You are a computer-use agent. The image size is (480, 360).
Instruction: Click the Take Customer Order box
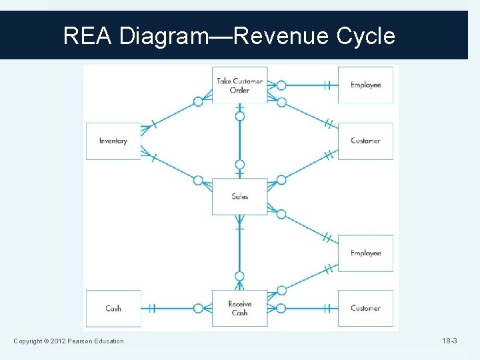pos(239,85)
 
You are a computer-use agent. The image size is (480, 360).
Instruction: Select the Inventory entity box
pos(113,141)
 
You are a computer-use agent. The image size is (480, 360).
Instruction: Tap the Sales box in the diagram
pos(239,196)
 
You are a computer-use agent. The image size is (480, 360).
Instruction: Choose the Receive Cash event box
pos(239,308)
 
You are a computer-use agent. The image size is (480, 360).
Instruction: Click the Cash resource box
pos(113,308)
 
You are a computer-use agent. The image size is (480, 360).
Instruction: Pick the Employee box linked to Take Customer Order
pos(365,85)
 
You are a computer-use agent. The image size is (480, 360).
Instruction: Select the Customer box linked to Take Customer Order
pos(365,141)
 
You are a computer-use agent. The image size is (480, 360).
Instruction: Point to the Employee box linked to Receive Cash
pos(365,253)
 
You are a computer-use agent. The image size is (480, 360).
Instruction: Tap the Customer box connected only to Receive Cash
pos(365,308)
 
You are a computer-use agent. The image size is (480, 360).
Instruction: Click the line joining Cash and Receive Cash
pos(173,309)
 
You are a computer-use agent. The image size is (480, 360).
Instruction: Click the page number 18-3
pos(449,341)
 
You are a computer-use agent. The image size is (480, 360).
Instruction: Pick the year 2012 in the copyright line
pos(59,341)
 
